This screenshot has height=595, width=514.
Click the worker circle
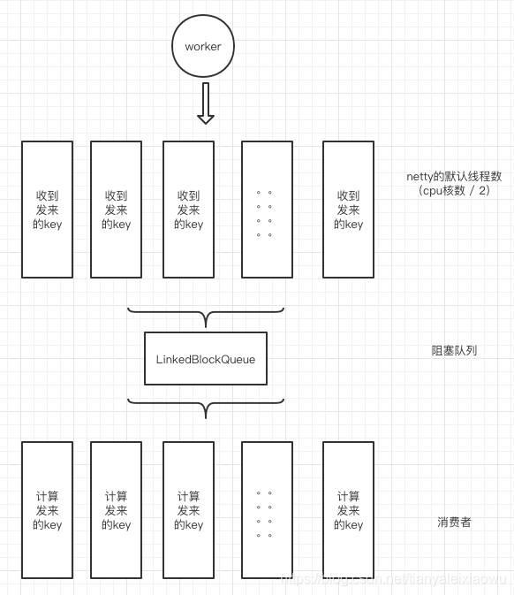pos(203,46)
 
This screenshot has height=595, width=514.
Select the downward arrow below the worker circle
pos(205,103)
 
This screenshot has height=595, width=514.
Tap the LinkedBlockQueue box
pos(205,359)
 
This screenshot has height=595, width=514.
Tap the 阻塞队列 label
pos(454,350)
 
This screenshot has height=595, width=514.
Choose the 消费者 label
pos(454,522)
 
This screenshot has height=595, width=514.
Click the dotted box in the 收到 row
pos(267,210)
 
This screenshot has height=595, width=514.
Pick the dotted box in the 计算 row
pos(267,510)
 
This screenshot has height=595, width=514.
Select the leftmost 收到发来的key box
pos(47,210)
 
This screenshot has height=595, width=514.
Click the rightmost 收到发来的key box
pos(348,210)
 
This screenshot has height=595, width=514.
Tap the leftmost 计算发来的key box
pos(47,510)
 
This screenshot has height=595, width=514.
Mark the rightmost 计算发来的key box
pos(348,510)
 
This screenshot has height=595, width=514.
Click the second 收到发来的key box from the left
pos(116,210)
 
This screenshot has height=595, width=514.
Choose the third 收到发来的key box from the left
pos(188,210)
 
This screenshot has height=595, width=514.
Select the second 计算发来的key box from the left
pos(116,510)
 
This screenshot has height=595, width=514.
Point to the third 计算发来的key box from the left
pos(188,510)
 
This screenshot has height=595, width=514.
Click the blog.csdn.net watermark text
pos(393,578)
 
